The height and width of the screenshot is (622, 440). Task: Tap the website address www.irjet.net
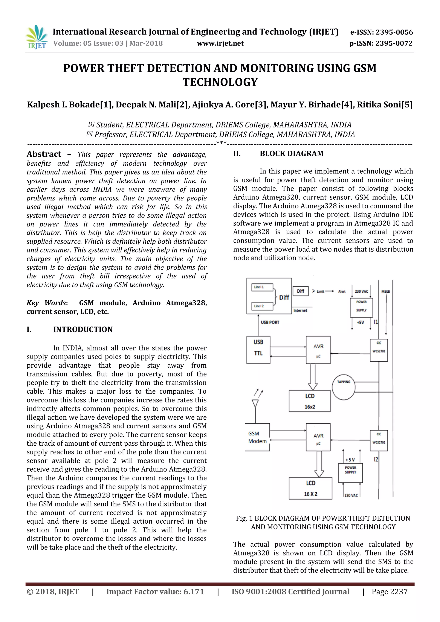(220, 43)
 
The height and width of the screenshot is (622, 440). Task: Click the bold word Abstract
(44, 154)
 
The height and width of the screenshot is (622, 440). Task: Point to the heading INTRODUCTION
(83, 329)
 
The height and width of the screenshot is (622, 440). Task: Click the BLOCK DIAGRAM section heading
(292, 154)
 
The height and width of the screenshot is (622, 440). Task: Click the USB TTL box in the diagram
(258, 350)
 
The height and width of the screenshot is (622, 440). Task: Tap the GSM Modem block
(257, 437)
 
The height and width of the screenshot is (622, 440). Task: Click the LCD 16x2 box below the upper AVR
(310, 401)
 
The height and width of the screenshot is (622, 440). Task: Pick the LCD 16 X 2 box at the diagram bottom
(310, 488)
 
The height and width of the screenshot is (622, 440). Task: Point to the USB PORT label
(270, 322)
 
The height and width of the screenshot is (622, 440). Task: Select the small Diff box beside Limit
(301, 291)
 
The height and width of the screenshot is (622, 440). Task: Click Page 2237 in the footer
(389, 592)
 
